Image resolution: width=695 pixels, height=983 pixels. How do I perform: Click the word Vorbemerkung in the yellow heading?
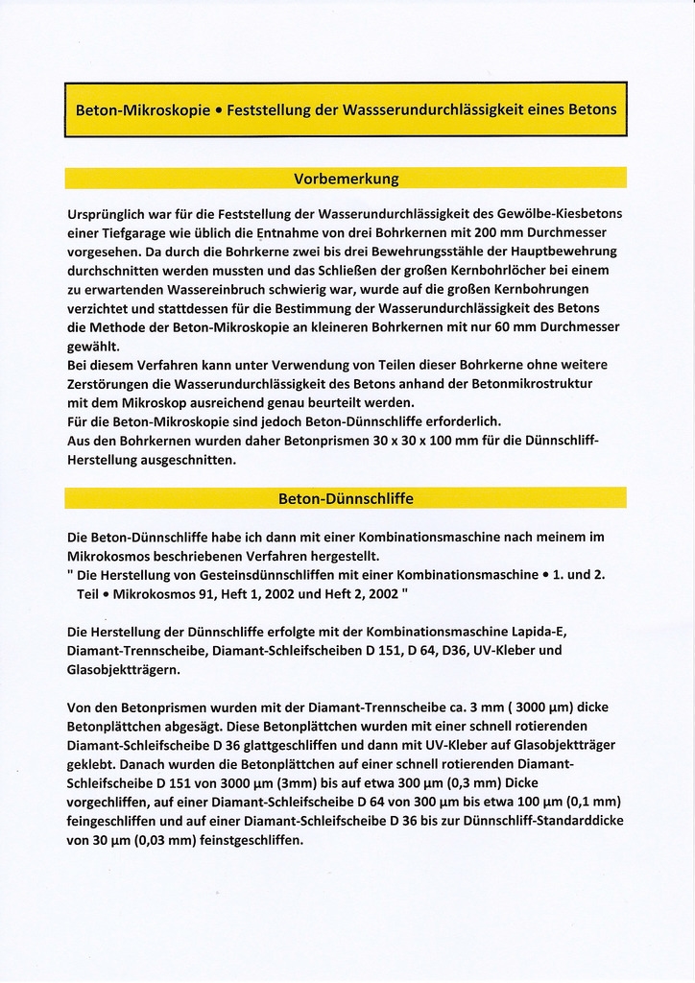pos(346,179)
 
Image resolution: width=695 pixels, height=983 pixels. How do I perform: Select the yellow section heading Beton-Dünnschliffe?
pos(346,498)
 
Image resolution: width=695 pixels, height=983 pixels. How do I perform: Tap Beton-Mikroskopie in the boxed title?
pos(143,109)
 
